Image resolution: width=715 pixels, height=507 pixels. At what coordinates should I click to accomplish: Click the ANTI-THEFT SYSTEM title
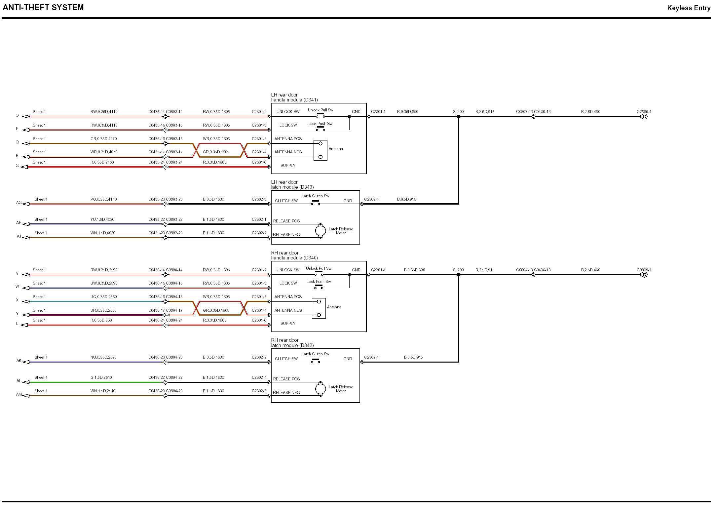(43, 8)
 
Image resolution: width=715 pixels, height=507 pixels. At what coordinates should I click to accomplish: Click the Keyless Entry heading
(689, 8)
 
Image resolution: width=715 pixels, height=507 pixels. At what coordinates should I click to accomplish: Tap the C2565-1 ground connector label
(644, 112)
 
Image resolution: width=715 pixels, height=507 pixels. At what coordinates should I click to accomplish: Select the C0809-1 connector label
(644, 270)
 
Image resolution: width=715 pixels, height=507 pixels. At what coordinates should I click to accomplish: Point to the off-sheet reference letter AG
(19, 203)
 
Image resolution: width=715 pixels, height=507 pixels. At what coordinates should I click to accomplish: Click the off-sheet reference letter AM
(19, 394)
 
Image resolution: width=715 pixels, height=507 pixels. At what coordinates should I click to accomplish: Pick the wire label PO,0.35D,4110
(103, 199)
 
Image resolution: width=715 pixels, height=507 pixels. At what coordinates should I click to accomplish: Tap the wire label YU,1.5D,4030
(102, 219)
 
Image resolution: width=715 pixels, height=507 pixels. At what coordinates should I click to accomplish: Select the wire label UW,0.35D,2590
(104, 283)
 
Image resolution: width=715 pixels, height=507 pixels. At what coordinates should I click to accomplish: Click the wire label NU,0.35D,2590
(103, 357)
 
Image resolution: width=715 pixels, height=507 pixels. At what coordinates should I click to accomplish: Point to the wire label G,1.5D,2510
(101, 377)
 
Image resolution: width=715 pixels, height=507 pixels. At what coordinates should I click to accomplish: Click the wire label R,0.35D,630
(101, 320)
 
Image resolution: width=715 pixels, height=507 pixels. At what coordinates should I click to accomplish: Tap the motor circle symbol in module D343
(320, 231)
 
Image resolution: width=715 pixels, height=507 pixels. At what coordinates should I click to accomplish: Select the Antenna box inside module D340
(319, 308)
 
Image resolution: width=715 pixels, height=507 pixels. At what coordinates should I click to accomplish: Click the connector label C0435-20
(156, 199)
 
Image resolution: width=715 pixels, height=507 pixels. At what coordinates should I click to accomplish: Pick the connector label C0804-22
(174, 377)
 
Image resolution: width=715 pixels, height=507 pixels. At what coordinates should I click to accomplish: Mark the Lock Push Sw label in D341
(320, 124)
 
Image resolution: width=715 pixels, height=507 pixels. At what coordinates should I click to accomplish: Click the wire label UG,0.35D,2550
(103, 297)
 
